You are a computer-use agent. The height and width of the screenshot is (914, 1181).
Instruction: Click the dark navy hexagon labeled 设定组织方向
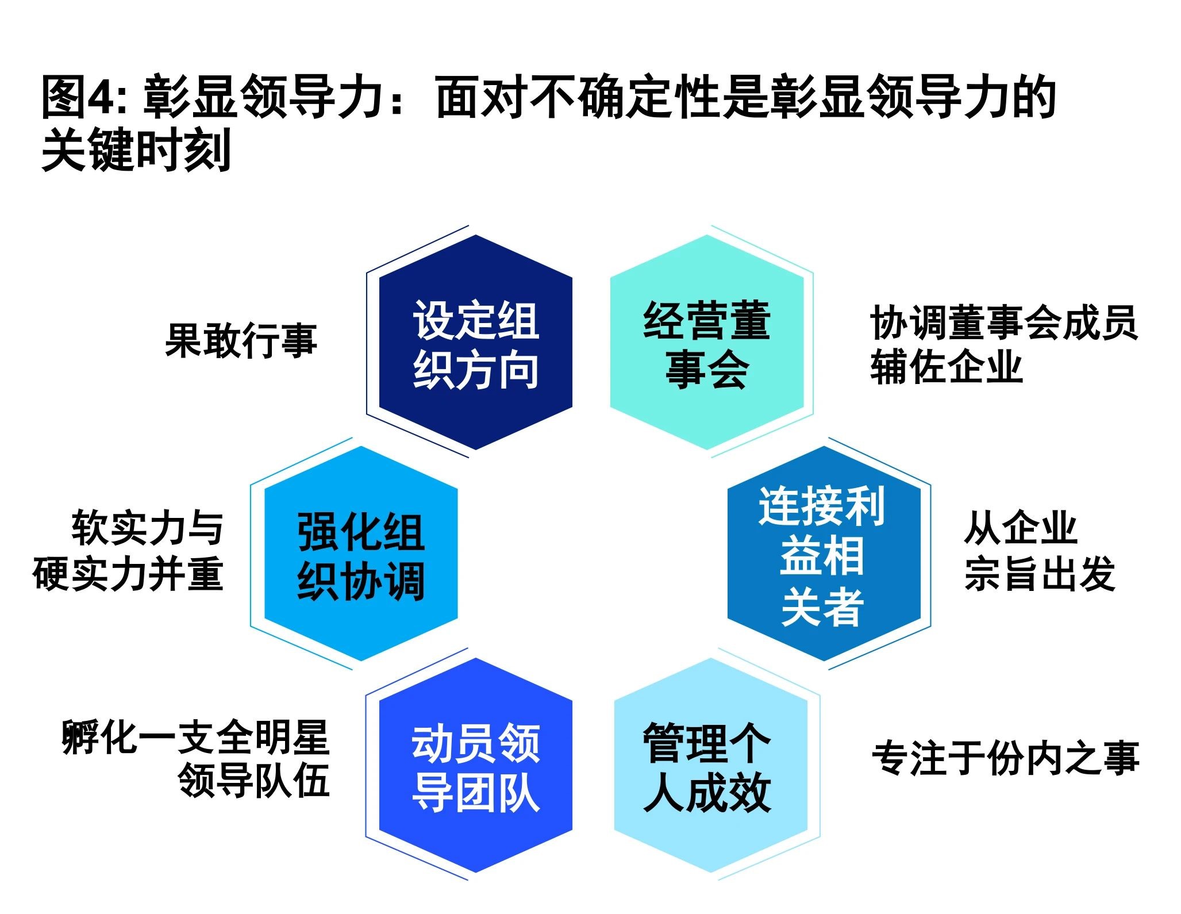coord(475,342)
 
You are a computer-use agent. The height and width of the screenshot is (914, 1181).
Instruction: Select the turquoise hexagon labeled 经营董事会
coord(706,342)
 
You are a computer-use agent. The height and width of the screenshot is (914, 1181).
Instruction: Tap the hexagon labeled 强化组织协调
coord(361,554)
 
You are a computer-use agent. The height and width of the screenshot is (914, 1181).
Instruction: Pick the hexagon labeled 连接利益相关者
coord(824,554)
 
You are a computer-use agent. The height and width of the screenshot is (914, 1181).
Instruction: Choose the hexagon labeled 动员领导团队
coord(475,765)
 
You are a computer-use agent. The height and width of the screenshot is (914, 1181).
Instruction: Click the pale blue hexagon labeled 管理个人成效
coord(711,765)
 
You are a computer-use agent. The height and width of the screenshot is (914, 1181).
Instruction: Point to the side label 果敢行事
coord(241,340)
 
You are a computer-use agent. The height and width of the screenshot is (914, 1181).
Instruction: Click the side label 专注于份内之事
coord(1005,758)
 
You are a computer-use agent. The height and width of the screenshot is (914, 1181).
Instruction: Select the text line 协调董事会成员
coord(1003,323)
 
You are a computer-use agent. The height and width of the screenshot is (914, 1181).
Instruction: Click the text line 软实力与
coord(148,528)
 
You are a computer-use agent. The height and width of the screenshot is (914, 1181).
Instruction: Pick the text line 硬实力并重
coord(128,574)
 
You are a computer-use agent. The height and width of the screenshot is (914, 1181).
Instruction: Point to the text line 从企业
coord(1020,528)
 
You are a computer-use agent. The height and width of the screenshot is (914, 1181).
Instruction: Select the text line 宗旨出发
coord(1040,574)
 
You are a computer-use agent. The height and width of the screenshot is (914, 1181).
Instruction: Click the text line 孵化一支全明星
coord(196,737)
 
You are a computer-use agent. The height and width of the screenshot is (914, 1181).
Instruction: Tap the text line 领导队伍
coord(254,780)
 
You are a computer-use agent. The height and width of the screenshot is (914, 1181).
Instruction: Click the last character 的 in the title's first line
coord(1034,97)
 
